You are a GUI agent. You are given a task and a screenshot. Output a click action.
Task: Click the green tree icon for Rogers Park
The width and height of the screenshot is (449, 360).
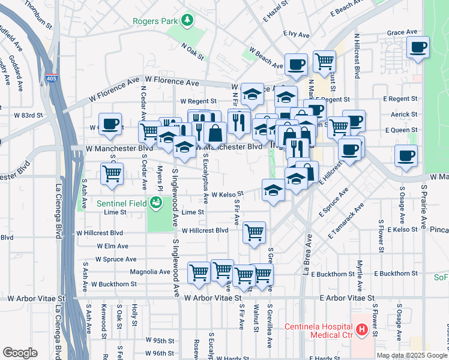pyautogui.click(x=188, y=21)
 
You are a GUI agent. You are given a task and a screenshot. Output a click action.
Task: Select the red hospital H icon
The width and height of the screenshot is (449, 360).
pyautogui.click(x=361, y=329)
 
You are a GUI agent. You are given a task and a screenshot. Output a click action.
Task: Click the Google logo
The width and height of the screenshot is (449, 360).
pyautogui.click(x=20, y=353)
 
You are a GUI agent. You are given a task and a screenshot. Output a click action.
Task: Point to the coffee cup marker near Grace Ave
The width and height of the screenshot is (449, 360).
pyautogui.click(x=418, y=47)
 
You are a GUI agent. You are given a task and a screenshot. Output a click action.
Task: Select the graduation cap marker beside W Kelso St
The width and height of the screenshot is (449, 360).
pyautogui.click(x=273, y=190)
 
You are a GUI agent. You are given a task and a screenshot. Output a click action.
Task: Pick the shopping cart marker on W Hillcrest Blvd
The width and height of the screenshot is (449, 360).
pyautogui.click(x=255, y=232)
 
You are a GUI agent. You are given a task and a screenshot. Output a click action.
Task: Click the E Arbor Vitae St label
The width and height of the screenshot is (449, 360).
pyautogui.click(x=347, y=298)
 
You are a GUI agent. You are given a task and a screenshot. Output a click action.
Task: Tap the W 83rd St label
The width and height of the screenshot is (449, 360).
pyautogui.click(x=29, y=115)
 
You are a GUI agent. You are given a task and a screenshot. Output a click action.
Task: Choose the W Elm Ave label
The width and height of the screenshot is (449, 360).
pyautogui.click(x=112, y=246)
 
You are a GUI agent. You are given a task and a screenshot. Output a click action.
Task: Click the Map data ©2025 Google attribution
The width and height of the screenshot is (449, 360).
pyautogui.click(x=411, y=355)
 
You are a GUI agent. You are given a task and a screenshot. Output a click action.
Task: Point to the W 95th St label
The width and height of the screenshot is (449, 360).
pyautogui.click(x=159, y=340)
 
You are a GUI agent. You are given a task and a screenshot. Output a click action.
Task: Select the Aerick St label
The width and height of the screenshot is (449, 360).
pyautogui.click(x=403, y=114)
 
